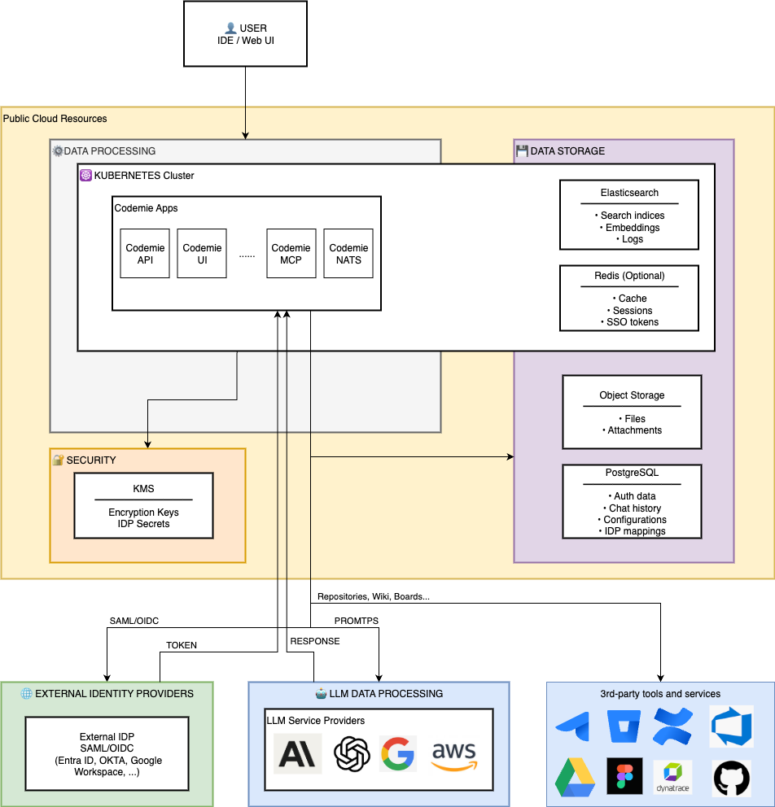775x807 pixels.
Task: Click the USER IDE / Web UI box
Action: point(245,34)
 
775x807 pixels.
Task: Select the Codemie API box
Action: point(145,254)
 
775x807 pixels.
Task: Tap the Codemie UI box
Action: point(202,254)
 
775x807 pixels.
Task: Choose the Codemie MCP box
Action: point(291,254)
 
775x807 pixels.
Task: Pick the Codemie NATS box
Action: point(348,254)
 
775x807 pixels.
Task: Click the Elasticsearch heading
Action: point(628,193)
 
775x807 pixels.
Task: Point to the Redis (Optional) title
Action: point(628,276)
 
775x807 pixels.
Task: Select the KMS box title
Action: point(143,489)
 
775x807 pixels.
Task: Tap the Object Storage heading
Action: point(632,395)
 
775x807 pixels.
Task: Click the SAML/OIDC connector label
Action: point(134,621)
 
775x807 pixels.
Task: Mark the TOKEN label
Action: point(182,645)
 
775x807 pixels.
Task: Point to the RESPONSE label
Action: point(315,641)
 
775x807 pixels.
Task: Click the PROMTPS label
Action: point(357,621)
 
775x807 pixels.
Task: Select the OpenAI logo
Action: point(352,754)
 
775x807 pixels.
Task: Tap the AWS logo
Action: point(453,754)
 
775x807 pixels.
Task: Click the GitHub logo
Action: point(732,778)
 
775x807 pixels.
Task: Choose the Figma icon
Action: point(624,777)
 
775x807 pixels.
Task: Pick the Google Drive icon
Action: point(575,777)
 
